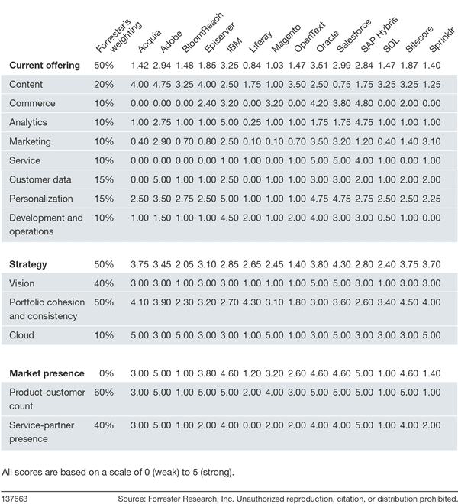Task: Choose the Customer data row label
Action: [40, 179]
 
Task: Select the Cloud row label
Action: [22, 334]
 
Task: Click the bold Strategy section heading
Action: [27, 264]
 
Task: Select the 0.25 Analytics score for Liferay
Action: [253, 122]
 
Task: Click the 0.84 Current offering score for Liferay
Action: [253, 66]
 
